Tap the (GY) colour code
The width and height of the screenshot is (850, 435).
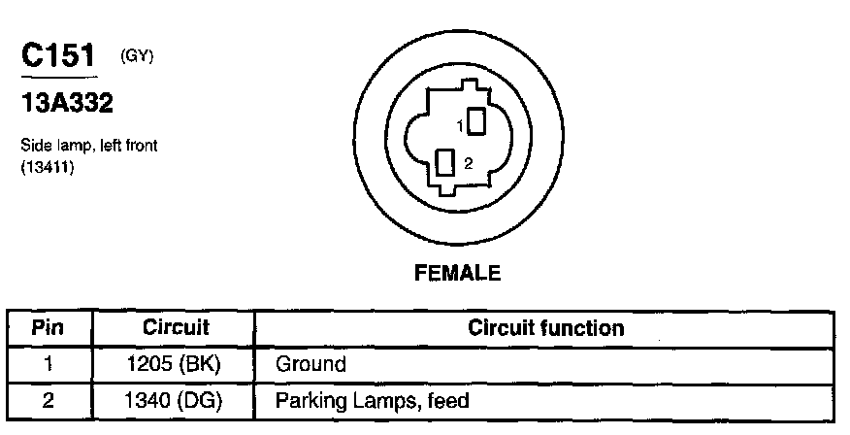tap(137, 55)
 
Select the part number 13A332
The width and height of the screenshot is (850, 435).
tap(67, 103)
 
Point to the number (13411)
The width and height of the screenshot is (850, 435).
tap(49, 167)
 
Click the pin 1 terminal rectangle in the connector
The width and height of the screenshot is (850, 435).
tap(476, 121)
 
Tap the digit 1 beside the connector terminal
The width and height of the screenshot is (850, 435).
tap(459, 125)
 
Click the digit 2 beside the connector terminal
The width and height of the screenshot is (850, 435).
tap(468, 164)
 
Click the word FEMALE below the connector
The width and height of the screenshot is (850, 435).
tap(458, 274)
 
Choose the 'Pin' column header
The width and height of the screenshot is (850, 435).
tap(48, 328)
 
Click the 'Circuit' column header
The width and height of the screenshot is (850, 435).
tap(176, 328)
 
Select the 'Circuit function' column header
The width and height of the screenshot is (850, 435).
tap(545, 328)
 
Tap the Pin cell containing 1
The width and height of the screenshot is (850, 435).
tap(48, 365)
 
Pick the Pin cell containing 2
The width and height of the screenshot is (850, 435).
tap(48, 400)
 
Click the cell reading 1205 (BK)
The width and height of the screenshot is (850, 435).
tap(176, 365)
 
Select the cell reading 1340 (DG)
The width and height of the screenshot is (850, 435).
tap(176, 400)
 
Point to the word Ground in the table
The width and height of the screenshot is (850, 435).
tap(311, 365)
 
